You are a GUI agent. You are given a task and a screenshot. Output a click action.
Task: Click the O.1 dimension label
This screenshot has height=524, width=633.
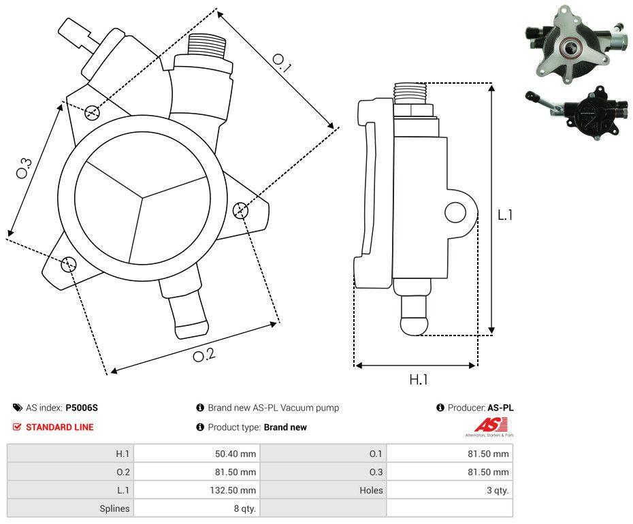[282, 63]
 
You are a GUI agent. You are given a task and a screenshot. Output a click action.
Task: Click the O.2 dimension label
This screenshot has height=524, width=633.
[204, 355]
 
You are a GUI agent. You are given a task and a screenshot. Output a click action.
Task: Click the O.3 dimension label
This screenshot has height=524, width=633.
[24, 168]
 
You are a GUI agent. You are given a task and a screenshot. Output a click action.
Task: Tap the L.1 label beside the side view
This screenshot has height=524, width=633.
[505, 215]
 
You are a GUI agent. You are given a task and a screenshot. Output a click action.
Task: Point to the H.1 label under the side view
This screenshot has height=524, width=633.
[418, 380]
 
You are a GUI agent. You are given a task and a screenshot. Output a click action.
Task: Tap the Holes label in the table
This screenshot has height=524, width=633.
[371, 490]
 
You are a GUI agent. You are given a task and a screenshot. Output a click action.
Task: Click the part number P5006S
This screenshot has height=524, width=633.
[82, 408]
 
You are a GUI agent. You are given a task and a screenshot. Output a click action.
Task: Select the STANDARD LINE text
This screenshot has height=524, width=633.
[60, 427]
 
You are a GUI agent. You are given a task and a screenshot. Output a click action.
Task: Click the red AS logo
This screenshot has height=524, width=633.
[487, 425]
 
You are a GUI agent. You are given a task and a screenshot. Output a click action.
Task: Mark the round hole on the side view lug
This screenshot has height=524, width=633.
[455, 213]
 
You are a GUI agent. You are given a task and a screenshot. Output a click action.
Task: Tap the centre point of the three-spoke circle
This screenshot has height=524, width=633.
[142, 198]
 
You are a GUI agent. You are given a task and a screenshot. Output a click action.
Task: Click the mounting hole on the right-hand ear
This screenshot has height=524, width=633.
[240, 210]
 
